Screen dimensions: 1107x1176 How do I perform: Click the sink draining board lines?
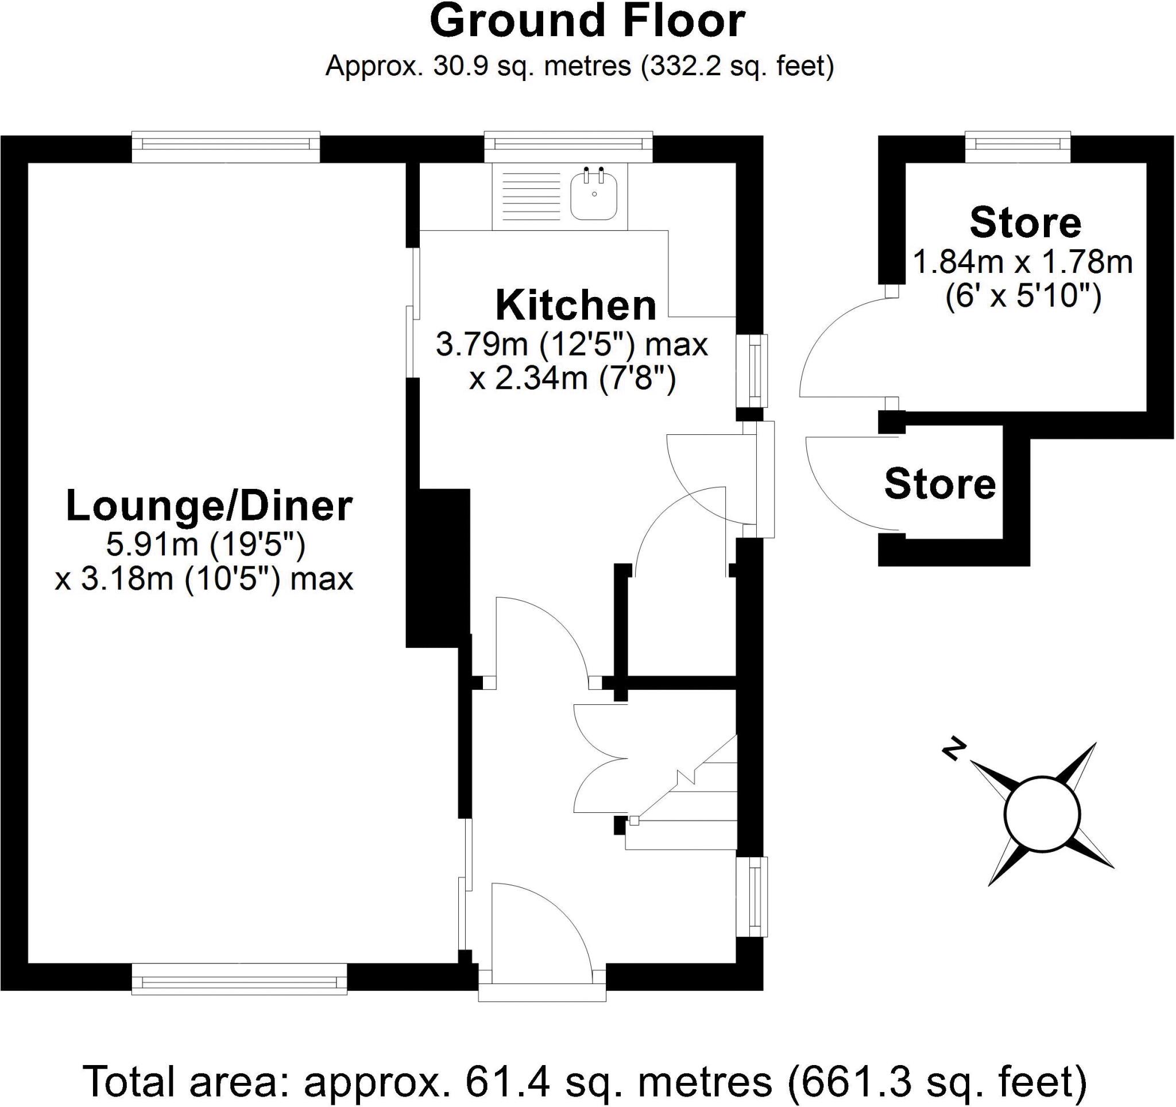[530, 197]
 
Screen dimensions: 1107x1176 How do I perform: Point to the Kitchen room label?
[575, 305]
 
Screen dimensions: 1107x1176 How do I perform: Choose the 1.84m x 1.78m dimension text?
[1022, 262]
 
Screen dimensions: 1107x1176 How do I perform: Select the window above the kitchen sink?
[568, 145]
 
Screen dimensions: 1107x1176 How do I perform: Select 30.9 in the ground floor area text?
[461, 66]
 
